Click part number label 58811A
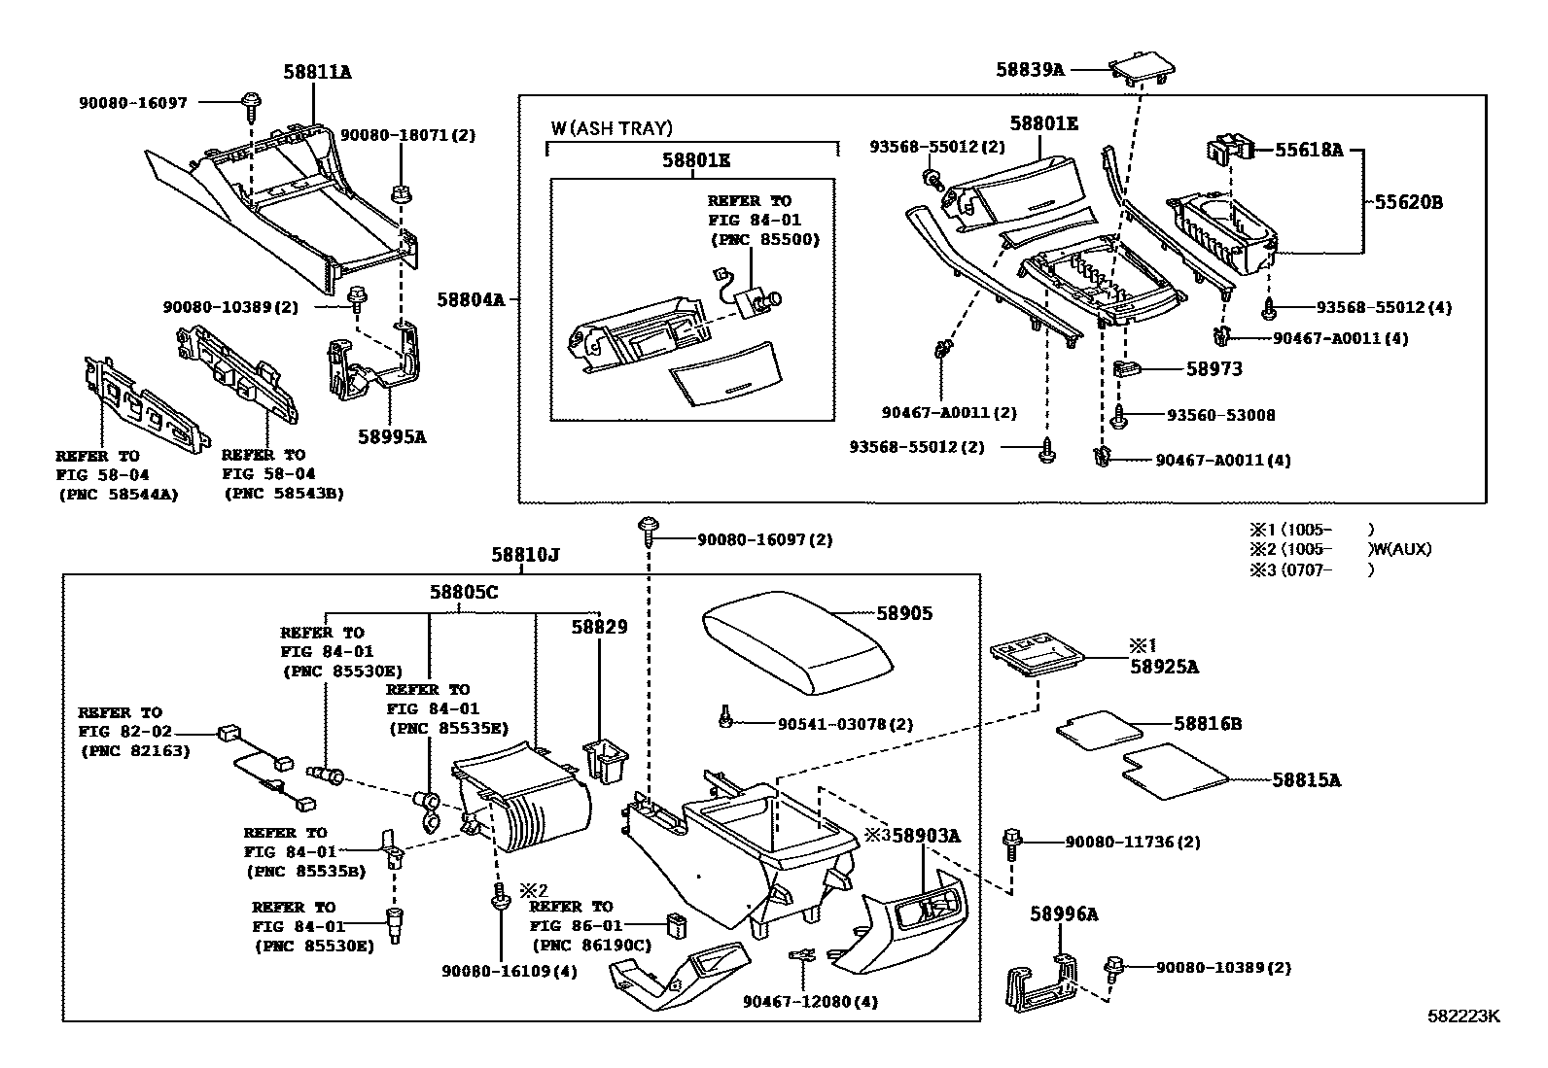(317, 71)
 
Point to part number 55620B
(1408, 202)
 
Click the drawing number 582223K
(1463, 1016)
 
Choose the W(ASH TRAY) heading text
(611, 127)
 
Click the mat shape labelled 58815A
(1174, 771)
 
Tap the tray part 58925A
(1036, 653)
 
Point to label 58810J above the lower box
(524, 555)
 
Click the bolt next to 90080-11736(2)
(1011, 842)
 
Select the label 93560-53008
(1220, 415)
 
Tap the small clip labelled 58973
(1125, 368)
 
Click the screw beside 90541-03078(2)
(725, 717)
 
